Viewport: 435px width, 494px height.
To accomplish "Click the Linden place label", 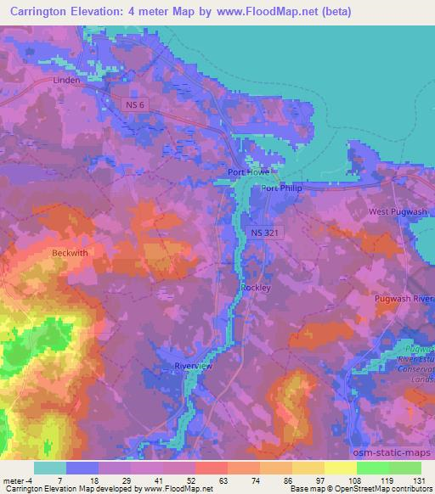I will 65,81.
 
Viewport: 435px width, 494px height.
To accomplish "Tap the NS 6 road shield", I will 130,104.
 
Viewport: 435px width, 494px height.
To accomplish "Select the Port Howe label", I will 248,172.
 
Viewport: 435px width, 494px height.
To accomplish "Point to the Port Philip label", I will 281,188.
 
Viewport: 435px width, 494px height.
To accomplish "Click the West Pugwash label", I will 395,211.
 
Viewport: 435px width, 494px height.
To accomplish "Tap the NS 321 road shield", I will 263,231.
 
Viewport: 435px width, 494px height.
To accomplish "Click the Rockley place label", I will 255,289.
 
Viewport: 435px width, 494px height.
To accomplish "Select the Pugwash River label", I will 404,300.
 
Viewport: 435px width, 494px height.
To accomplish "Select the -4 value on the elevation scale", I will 31,481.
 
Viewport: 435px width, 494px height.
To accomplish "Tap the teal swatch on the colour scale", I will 50,468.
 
